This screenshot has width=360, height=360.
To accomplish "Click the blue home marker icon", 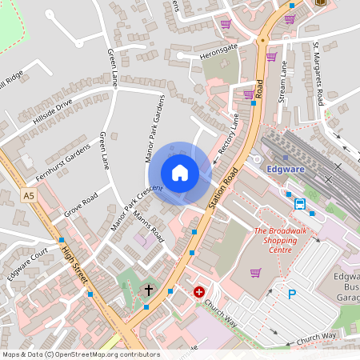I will click(x=180, y=173).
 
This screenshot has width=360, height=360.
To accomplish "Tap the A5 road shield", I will click(x=30, y=195).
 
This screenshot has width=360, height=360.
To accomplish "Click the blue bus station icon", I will click(x=300, y=204).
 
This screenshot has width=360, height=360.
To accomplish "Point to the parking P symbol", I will click(x=292, y=294).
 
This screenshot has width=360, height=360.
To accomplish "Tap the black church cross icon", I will click(x=148, y=289).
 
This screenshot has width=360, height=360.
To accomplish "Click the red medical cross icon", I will click(x=198, y=293).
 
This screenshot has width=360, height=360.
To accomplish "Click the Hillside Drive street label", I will click(x=52, y=112).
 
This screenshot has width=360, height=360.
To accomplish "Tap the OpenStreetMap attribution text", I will click(x=81, y=354).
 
